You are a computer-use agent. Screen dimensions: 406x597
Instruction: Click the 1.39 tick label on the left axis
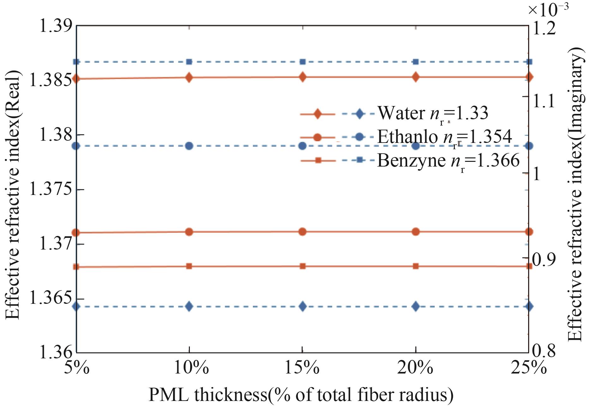click(54, 26)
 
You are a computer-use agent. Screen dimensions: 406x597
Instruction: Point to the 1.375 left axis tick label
click(50, 189)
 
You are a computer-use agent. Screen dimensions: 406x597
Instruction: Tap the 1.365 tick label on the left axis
click(50, 298)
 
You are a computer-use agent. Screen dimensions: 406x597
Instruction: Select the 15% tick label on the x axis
click(302, 368)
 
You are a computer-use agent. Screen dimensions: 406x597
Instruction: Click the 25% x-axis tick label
click(528, 368)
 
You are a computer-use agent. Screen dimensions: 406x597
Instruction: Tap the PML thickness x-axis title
click(301, 395)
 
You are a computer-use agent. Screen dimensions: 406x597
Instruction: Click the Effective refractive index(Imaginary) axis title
click(576, 194)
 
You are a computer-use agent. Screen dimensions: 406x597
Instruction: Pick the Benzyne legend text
click(448, 161)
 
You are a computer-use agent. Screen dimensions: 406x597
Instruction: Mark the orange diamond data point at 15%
click(303, 77)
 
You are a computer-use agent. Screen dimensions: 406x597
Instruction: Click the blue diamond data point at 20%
click(416, 306)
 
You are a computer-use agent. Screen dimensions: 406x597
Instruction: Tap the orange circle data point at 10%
click(189, 232)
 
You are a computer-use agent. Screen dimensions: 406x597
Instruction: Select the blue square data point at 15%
click(303, 62)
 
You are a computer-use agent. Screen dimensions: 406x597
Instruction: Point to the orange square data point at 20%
click(416, 266)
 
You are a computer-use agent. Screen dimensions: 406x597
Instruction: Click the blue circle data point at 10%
click(189, 146)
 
